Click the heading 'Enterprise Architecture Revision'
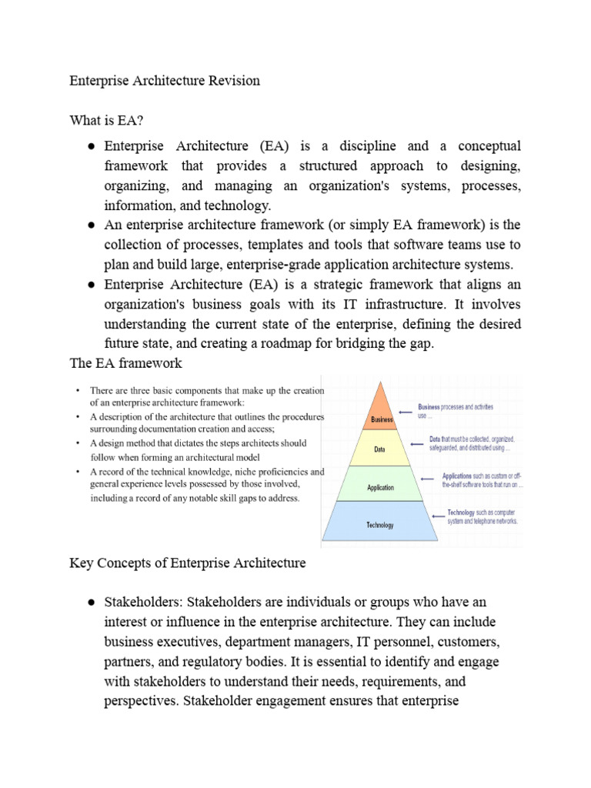click(165, 80)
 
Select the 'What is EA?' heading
click(106, 120)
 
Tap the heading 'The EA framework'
click(125, 363)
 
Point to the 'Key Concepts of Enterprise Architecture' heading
click(188, 563)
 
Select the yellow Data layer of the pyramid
click(380, 449)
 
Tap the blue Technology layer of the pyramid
click(380, 524)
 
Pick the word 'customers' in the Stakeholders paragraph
click(429, 642)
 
